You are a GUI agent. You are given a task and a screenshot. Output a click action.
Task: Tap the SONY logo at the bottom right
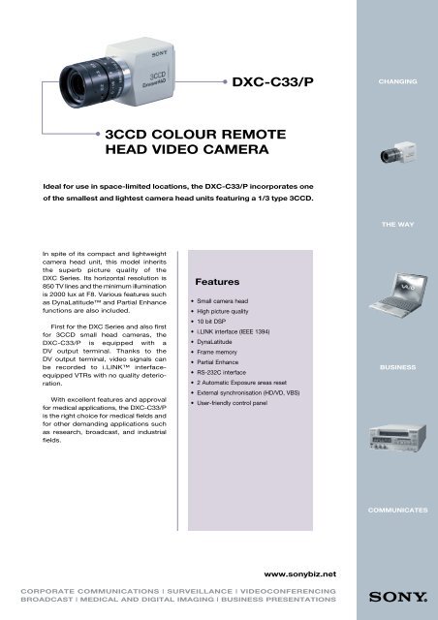397,596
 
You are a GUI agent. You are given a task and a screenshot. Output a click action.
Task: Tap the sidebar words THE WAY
398,224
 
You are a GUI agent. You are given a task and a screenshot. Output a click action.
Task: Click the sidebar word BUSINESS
398,369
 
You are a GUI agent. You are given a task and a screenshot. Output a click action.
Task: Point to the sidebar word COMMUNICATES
398,510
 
